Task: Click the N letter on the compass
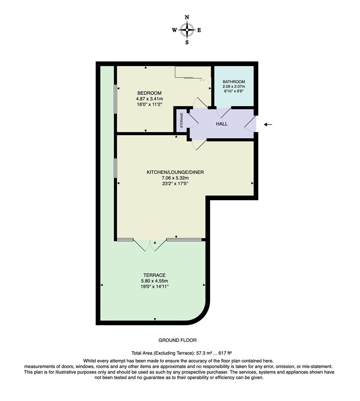click(187, 17)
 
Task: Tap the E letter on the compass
click(199, 30)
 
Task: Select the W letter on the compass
click(174, 30)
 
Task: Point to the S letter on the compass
click(187, 42)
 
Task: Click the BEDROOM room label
click(149, 93)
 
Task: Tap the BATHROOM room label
click(234, 82)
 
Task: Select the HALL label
click(222, 124)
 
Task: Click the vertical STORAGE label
click(182, 120)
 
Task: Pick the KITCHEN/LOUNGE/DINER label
click(175, 172)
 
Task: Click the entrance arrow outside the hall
click(268, 124)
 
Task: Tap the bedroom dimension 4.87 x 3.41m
click(149, 99)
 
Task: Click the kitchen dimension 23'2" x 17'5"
click(175, 183)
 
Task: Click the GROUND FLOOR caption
click(177, 340)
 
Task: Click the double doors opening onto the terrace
click(150, 245)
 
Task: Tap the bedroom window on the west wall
click(116, 99)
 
